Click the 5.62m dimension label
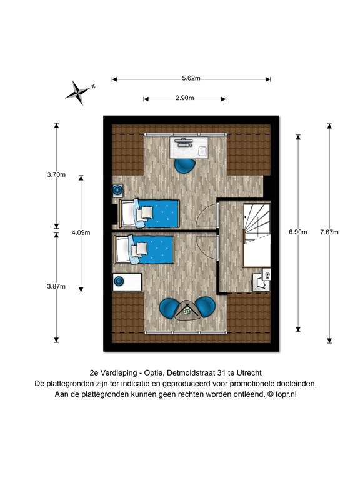click(x=191, y=78)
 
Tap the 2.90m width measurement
click(x=184, y=98)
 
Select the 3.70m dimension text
click(x=56, y=175)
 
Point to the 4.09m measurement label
click(x=81, y=232)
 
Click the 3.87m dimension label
click(x=56, y=286)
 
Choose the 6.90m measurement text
click(x=298, y=232)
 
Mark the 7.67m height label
click(x=329, y=232)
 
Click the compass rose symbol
click(x=79, y=92)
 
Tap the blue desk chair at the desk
click(x=184, y=165)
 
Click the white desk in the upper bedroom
click(x=189, y=147)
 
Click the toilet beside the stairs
click(x=262, y=280)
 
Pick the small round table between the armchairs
click(x=187, y=311)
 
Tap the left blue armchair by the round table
click(x=170, y=307)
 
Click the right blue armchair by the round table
click(x=205, y=307)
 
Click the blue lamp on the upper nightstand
click(x=117, y=191)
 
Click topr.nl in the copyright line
click(x=286, y=394)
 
